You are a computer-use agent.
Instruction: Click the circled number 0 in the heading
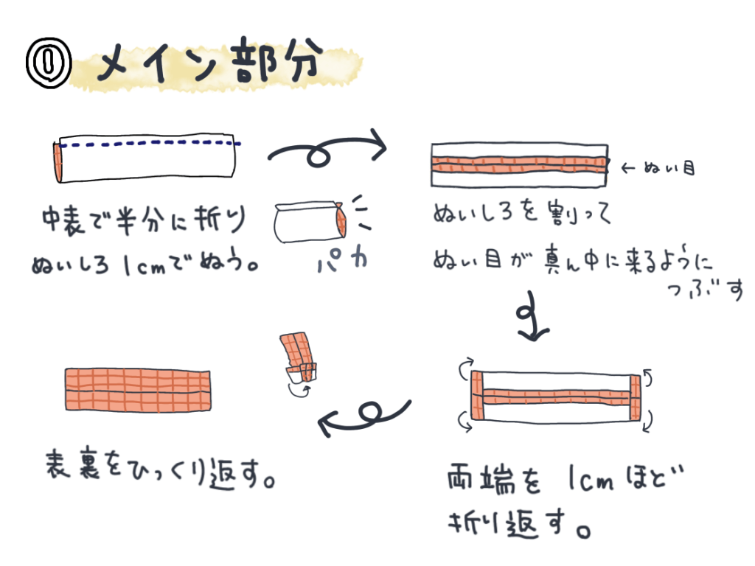point(48,63)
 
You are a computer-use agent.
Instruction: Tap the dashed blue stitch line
point(150,143)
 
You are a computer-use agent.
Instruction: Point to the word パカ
point(342,260)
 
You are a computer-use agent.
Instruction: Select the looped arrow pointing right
point(327,149)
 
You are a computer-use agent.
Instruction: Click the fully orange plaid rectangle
point(138,390)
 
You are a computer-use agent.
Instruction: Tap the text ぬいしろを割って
point(522,213)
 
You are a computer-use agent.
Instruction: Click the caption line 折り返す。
point(519,524)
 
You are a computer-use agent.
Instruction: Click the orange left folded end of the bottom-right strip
point(477,395)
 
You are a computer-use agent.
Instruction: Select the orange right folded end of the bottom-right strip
point(635,397)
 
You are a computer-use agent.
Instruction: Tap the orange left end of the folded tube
point(58,162)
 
